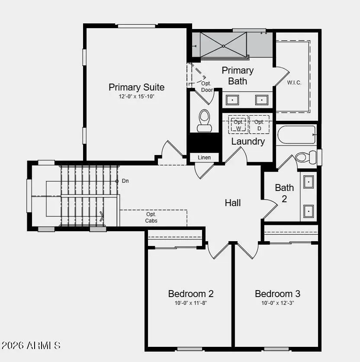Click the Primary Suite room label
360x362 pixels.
136,87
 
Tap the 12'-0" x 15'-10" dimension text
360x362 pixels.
136,97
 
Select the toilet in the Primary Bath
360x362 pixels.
204,120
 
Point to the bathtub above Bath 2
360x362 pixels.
296,135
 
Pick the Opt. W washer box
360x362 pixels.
238,125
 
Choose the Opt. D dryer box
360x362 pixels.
259,125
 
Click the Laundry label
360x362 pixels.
248,141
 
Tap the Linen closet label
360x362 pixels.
204,157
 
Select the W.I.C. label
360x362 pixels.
294,83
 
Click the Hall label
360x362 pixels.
233,203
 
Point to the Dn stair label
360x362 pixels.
125,181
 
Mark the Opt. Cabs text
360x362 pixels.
151,217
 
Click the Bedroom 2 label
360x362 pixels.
191,294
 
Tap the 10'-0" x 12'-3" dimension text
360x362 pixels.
277,303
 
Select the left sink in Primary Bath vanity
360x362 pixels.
233,100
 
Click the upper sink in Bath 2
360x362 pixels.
309,182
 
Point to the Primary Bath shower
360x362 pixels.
223,45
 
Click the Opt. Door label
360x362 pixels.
207,87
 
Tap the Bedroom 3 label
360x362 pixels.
277,294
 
